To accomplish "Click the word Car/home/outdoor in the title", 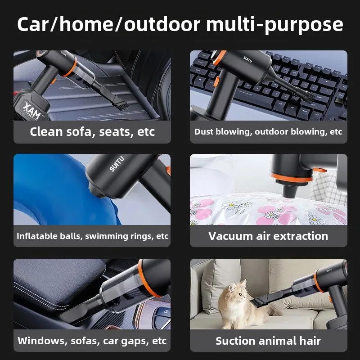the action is point(109,24).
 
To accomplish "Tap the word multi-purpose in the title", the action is point(274,25).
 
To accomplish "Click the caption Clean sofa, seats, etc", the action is point(92,132).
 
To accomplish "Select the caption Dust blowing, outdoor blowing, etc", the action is point(268,132).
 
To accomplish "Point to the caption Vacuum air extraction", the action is point(268,236).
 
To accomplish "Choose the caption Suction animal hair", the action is point(268,341).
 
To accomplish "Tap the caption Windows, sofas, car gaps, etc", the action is point(92,341).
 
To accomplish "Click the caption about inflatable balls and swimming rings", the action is point(92,236).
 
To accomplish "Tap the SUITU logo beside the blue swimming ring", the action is point(117,164).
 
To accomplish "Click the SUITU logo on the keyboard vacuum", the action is point(247,59).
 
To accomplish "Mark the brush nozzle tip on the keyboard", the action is point(307,96).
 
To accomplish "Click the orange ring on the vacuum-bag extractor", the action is point(292,178).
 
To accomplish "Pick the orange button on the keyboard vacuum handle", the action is point(216,82).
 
